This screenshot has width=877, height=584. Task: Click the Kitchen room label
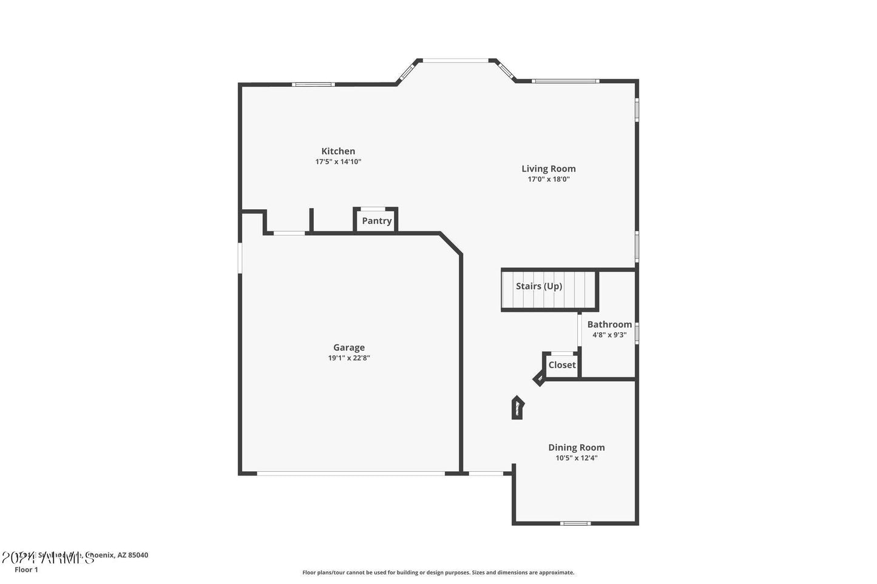coord(338,152)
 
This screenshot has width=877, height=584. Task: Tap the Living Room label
coord(549,169)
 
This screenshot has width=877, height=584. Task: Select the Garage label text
coord(349,347)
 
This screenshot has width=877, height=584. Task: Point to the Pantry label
coord(377,221)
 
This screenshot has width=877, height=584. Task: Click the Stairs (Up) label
coord(539,286)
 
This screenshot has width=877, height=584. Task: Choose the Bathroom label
coord(609,324)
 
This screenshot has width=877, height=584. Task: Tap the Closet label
coord(562,365)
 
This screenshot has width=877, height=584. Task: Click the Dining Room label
coord(577,448)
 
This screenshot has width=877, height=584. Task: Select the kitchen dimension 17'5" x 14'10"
coord(338,162)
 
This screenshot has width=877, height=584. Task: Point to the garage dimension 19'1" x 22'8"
coord(349,358)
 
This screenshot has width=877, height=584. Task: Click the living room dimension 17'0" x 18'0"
coord(549,180)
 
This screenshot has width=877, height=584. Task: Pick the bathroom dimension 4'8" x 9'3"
coord(609,335)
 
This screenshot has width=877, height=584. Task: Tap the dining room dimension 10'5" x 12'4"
coord(577,458)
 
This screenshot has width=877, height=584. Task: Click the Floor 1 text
coord(26,570)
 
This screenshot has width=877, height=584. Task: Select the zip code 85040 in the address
coord(138,555)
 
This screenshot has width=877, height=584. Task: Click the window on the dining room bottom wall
coord(575,523)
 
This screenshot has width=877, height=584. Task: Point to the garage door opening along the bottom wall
coord(351,473)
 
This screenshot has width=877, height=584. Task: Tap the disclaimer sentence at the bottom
coord(438,572)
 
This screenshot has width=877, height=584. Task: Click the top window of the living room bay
coord(455,60)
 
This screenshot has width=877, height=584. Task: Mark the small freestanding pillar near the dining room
coord(517,408)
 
